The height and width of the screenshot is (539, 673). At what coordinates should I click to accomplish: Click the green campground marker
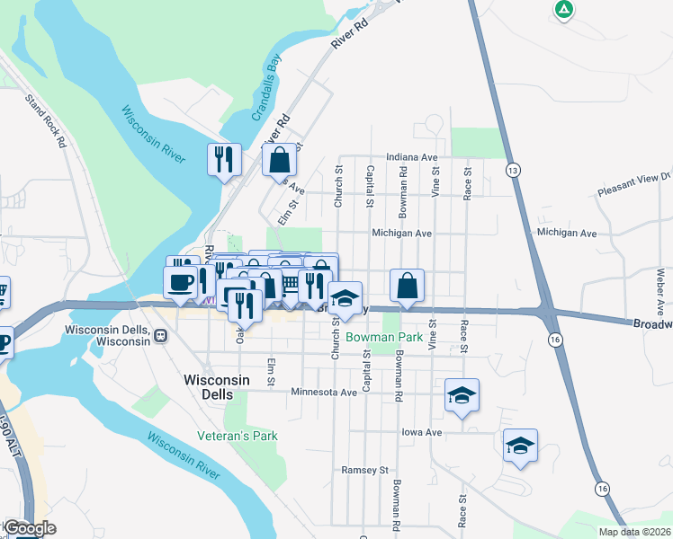(x=563, y=10)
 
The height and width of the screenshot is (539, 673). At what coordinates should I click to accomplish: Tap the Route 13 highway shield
(x=513, y=169)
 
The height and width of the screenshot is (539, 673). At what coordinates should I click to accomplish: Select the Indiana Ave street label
(x=411, y=156)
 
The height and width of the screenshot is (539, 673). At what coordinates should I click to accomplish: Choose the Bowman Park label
(x=385, y=338)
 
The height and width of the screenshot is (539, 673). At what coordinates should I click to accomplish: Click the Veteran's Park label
(x=238, y=436)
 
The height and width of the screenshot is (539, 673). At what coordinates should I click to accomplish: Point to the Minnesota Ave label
(x=324, y=393)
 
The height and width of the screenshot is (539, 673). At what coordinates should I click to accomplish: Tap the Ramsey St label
(x=363, y=470)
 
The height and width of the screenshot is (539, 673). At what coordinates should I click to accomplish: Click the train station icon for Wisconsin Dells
(x=160, y=336)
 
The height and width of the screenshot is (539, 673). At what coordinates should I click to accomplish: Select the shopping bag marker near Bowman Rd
(x=408, y=286)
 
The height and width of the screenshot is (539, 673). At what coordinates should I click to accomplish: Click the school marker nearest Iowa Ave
(x=520, y=446)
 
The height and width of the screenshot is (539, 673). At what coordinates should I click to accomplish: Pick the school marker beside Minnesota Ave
(x=462, y=395)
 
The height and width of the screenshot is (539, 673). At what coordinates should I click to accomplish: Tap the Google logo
(x=30, y=528)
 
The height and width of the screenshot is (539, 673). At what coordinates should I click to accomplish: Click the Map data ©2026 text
(x=633, y=532)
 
